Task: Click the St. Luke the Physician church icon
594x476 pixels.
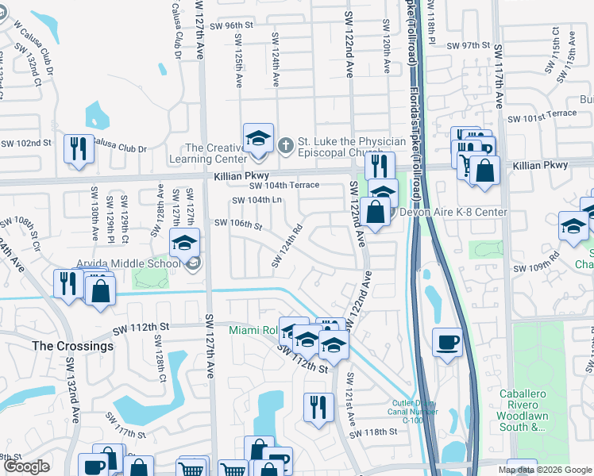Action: pyautogui.click(x=286, y=145)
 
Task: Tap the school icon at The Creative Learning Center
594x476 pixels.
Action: pyautogui.click(x=258, y=138)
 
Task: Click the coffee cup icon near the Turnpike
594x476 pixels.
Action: pyautogui.click(x=448, y=342)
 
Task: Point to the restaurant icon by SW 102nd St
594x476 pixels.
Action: pyautogui.click(x=79, y=148)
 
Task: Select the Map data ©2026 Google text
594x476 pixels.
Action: pyautogui.click(x=545, y=470)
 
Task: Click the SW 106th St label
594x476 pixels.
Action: pyautogui.click(x=238, y=225)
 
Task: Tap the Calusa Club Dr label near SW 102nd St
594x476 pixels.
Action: pyautogui.click(x=120, y=145)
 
